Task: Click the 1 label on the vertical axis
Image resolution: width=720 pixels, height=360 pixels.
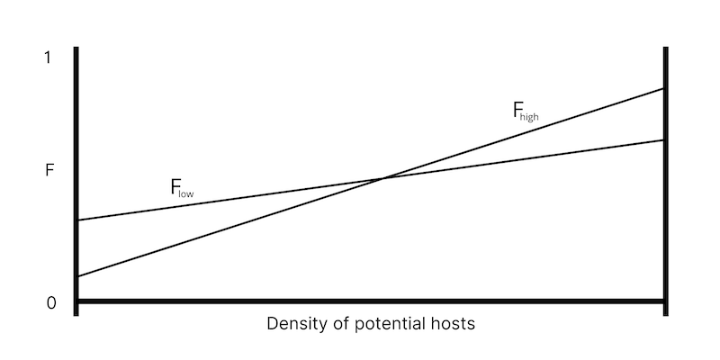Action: pos(49,58)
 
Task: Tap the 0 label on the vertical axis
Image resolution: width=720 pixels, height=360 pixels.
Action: pos(50,303)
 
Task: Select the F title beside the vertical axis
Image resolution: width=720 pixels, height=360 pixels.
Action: pos(49,168)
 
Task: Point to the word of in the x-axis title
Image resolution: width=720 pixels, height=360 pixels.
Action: pos(337,324)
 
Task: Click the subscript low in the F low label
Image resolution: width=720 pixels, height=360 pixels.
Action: pos(186,193)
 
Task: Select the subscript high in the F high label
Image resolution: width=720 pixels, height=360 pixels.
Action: pos(528,116)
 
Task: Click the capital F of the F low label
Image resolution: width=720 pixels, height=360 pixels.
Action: pos(175,187)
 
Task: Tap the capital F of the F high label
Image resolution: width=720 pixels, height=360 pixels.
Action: pos(517,111)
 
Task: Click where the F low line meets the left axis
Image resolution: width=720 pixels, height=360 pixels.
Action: pos(78,220)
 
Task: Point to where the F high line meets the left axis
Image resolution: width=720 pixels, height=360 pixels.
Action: pos(78,276)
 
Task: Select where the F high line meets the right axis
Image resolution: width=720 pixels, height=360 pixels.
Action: pos(664,88)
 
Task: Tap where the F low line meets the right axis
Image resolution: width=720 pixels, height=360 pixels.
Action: pos(664,139)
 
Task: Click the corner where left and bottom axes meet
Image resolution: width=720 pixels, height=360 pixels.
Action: pos(77,301)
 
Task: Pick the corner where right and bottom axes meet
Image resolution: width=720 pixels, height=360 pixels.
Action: pos(665,301)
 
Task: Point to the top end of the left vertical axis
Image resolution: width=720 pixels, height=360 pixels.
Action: pos(77,48)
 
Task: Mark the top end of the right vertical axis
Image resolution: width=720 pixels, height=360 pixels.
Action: pos(665,48)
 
